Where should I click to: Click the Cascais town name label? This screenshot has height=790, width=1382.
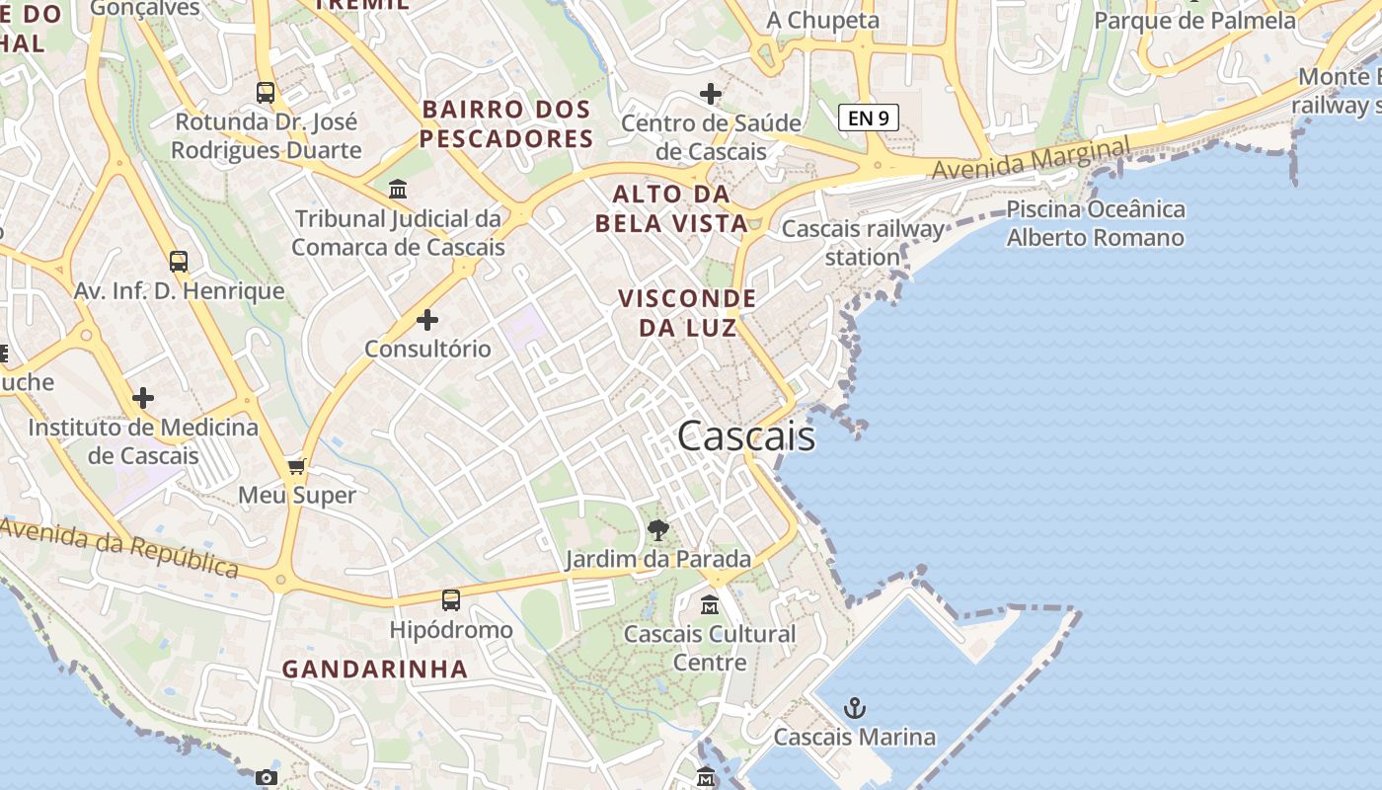click(746, 435)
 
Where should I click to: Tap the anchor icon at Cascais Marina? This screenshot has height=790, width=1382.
click(855, 707)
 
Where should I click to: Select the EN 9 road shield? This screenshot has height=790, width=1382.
click(869, 118)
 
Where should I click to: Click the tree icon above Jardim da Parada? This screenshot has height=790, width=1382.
click(657, 530)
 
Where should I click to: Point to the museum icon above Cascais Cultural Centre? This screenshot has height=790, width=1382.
click(710, 604)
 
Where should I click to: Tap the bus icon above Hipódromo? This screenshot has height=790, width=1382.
click(451, 599)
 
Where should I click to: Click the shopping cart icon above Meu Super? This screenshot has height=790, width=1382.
click(296, 466)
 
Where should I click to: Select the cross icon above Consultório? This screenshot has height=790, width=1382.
click(427, 320)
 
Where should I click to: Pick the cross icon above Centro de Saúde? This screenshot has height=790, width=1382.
click(711, 94)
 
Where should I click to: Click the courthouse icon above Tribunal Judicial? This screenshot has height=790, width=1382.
click(398, 189)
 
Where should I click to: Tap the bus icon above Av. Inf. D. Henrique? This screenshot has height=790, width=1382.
click(179, 262)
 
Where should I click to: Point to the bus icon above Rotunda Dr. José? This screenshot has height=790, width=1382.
click(266, 93)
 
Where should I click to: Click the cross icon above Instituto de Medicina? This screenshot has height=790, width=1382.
click(143, 398)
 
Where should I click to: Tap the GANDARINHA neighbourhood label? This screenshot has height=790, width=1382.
click(375, 669)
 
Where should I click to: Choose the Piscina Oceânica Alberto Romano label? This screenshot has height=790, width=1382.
click(1095, 223)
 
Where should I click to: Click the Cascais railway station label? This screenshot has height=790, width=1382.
click(863, 243)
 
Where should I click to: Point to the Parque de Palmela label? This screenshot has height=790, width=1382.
click(1194, 21)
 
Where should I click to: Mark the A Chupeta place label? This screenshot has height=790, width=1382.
click(822, 21)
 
